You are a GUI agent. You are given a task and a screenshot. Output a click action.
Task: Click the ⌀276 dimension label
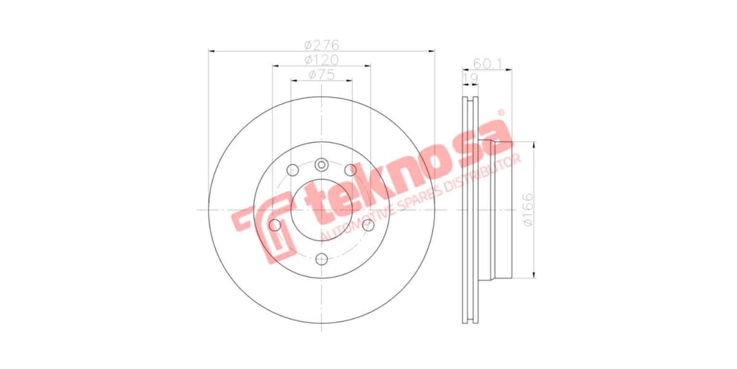pyautogui.click(x=322, y=45)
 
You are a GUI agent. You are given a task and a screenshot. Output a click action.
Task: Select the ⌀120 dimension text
pyautogui.click(x=322, y=60)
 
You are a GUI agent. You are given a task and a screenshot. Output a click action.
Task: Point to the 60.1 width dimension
pyautogui.click(x=488, y=63)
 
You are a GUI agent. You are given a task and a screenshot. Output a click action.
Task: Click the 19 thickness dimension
pyautogui.click(x=470, y=78)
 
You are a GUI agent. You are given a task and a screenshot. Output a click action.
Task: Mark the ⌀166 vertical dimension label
pyautogui.click(x=526, y=210)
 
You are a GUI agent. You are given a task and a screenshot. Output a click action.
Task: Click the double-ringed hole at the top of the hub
pyautogui.click(x=322, y=164)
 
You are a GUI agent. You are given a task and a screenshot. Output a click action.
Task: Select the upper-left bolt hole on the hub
pyautogui.click(x=292, y=170)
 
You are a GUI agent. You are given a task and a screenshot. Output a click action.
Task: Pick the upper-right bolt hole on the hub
pyautogui.click(x=351, y=170)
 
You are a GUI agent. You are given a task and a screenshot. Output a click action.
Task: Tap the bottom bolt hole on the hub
pyautogui.click(x=322, y=259)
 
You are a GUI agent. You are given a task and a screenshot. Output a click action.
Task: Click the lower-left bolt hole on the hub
pyautogui.click(x=275, y=226)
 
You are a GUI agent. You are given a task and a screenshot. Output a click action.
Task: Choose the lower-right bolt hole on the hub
pyautogui.click(x=368, y=225)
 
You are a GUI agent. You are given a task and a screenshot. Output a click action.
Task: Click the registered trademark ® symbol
pyautogui.click(x=501, y=113)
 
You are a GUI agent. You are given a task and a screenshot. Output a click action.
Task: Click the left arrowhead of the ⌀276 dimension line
pyautogui.click(x=211, y=52)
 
